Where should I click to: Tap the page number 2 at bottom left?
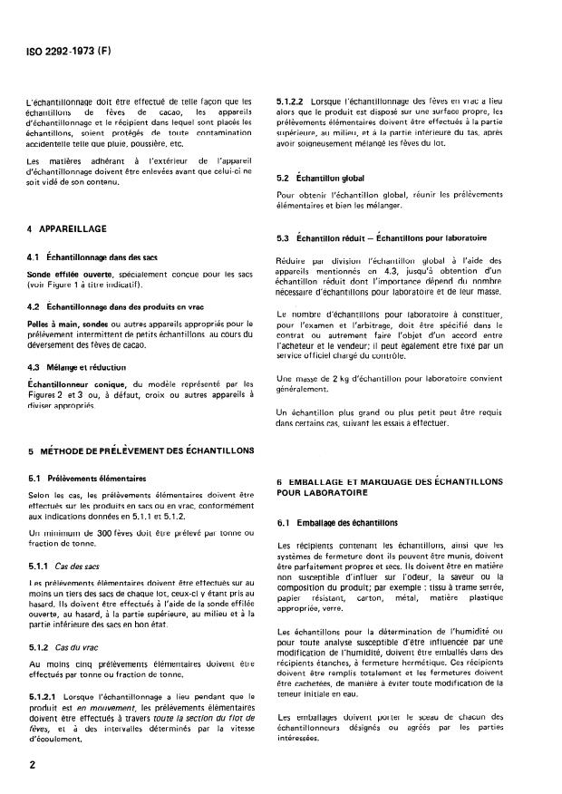click(x=33, y=765)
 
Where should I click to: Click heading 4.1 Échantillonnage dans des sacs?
click(x=92, y=257)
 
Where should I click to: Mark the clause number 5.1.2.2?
click(x=291, y=101)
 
